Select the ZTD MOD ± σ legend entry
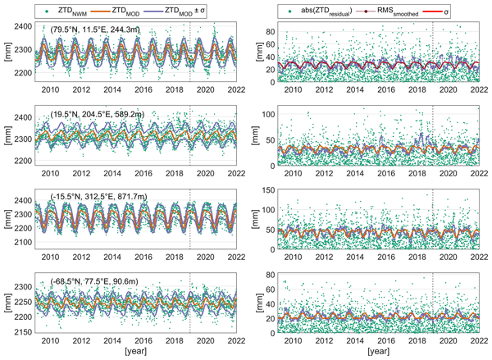point(187,9)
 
